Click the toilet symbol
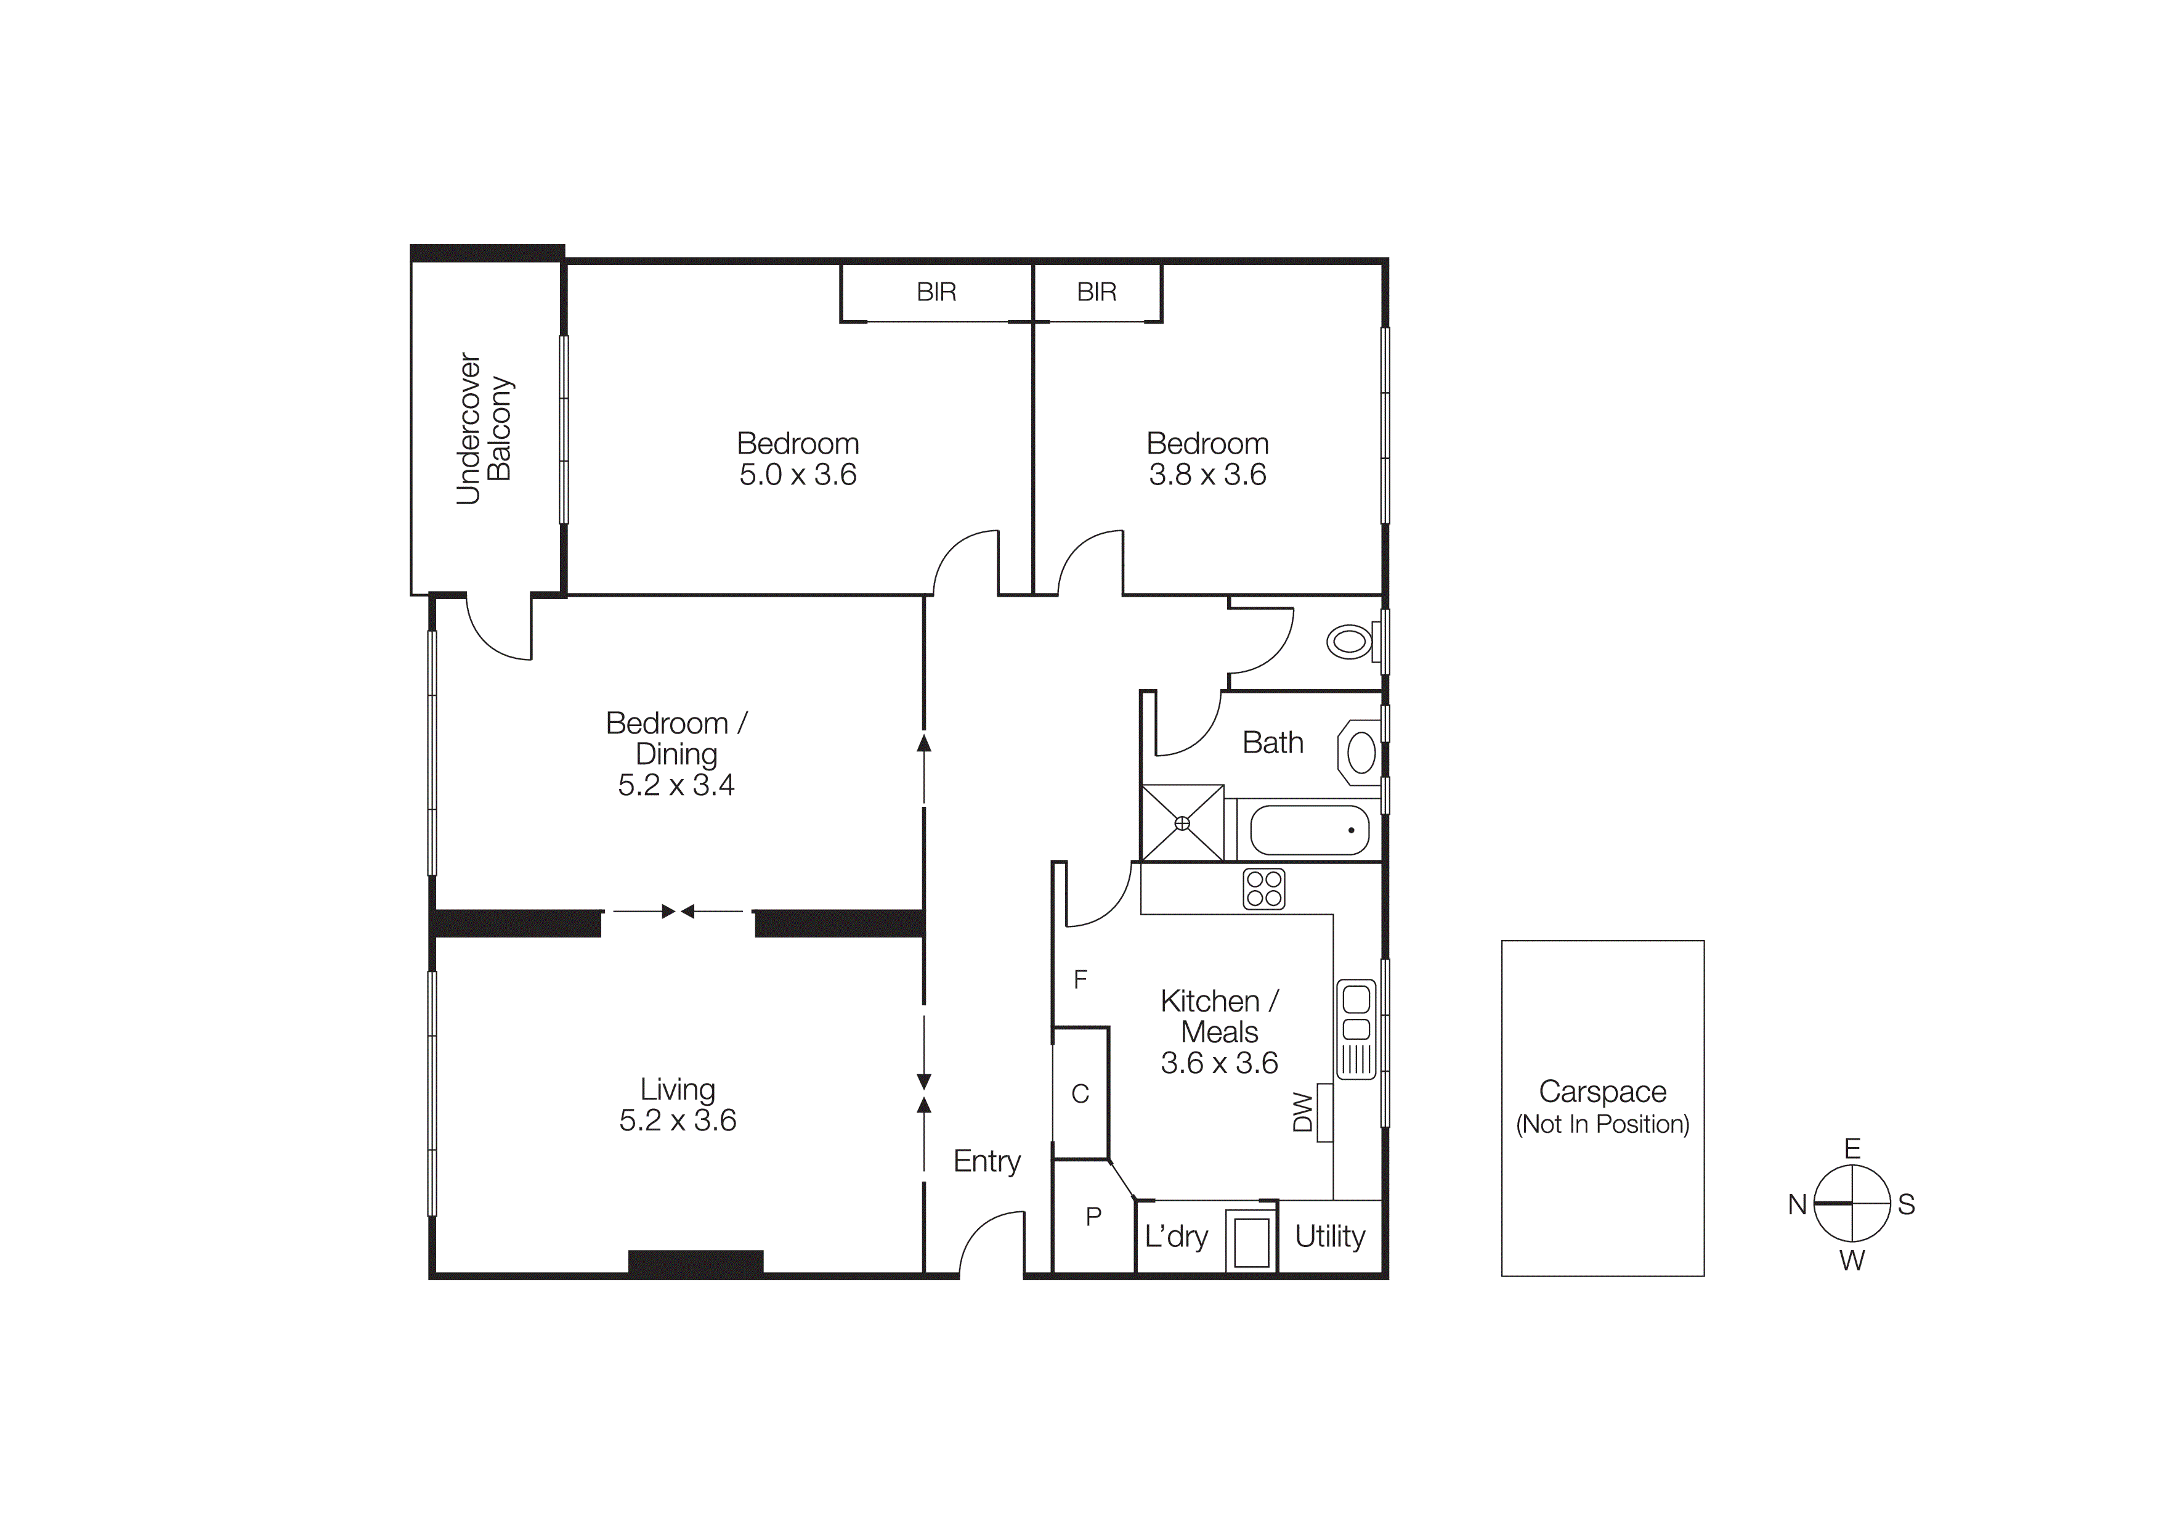pyautogui.click(x=1350, y=642)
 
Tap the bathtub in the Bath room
pyautogui.click(x=1308, y=830)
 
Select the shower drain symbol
pyautogui.click(x=1182, y=823)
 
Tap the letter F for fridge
pyautogui.click(x=1080, y=979)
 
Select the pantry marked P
pyautogui.click(x=1093, y=1216)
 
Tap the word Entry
pyautogui.click(x=986, y=1161)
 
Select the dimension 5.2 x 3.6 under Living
pyautogui.click(x=678, y=1121)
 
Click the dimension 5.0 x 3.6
pyautogui.click(x=797, y=475)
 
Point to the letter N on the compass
pyautogui.click(x=1797, y=1204)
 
